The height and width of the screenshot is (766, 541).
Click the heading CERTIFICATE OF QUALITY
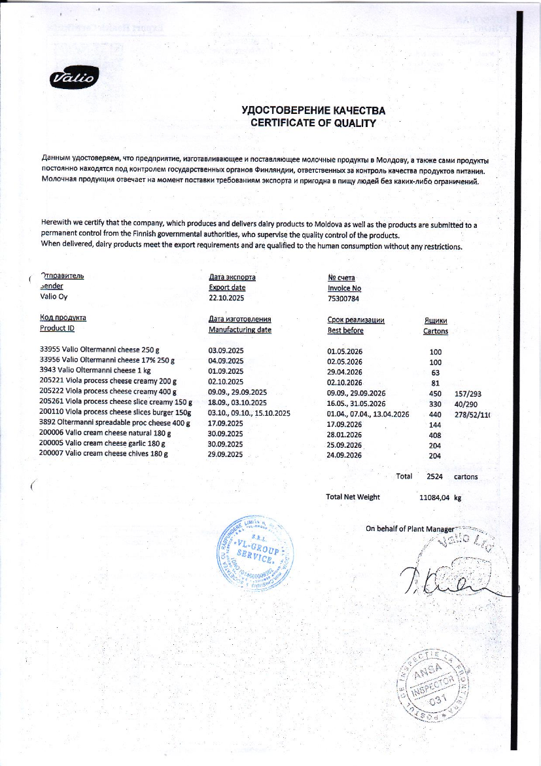(x=313, y=122)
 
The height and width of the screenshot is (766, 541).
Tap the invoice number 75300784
(x=344, y=299)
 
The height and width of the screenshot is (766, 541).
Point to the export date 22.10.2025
(x=226, y=299)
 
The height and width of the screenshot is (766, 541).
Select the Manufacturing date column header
(x=239, y=330)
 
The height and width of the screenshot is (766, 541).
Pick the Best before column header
(x=345, y=330)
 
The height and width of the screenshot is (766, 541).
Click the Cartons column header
(x=436, y=331)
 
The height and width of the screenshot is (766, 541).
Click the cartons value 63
(x=436, y=372)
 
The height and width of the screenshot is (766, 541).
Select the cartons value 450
(x=435, y=393)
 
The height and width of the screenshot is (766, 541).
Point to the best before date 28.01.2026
(x=344, y=434)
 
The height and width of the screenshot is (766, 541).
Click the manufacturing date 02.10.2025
(x=226, y=382)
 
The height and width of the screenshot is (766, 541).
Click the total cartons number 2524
(x=435, y=477)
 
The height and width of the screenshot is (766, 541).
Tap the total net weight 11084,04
(x=434, y=498)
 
